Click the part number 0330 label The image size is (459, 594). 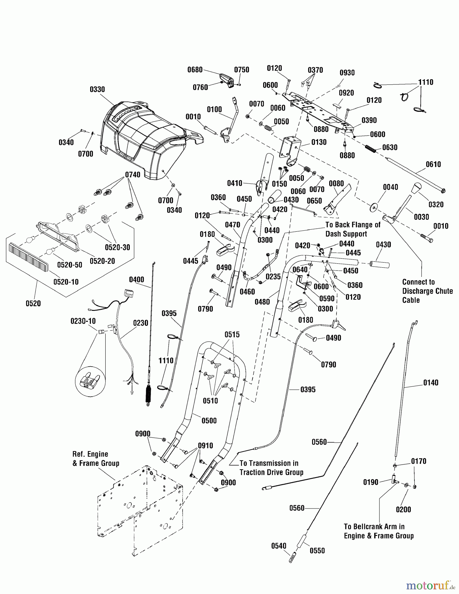(97, 89)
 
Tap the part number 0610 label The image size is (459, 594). (433, 164)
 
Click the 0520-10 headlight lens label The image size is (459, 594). (66, 281)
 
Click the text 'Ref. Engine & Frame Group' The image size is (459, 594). (95, 459)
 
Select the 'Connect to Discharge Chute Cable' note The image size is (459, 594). (427, 291)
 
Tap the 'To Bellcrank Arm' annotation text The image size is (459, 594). (378, 531)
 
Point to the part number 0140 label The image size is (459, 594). (431, 382)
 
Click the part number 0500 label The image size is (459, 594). (209, 420)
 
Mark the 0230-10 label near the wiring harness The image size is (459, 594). (83, 321)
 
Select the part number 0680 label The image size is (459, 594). (195, 70)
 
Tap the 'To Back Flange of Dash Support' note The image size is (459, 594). (353, 229)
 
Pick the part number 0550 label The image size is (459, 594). (317, 550)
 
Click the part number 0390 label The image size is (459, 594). (369, 120)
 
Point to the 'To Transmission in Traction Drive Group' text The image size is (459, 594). (271, 468)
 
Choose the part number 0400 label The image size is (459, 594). (136, 280)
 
